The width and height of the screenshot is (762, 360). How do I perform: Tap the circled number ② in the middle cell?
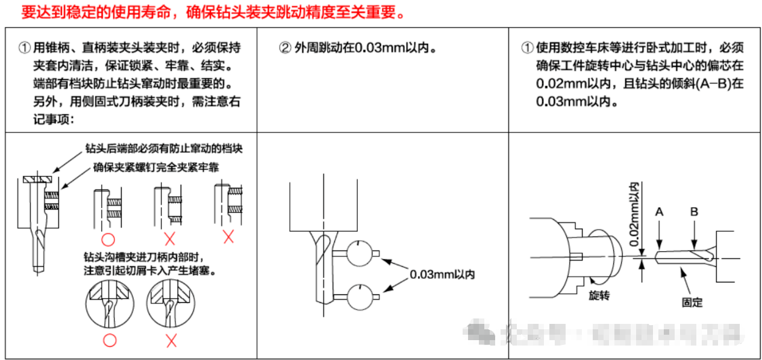pyautogui.click(x=285, y=48)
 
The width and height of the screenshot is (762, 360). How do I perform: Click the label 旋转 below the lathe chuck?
pyautogui.click(x=599, y=296)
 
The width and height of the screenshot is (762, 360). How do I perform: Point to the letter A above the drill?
pyautogui.click(x=659, y=212)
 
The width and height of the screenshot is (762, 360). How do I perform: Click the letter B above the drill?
pyautogui.click(x=694, y=212)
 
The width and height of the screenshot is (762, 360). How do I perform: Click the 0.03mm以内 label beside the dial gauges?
pyautogui.click(x=442, y=275)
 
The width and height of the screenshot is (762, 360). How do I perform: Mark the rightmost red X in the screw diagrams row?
pyautogui.click(x=228, y=237)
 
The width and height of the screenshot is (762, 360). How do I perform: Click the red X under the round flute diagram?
pyautogui.click(x=171, y=341)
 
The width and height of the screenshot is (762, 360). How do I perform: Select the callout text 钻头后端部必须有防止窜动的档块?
pyautogui.click(x=164, y=148)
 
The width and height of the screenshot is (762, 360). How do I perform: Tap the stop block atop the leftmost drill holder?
pyautogui.click(x=38, y=179)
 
